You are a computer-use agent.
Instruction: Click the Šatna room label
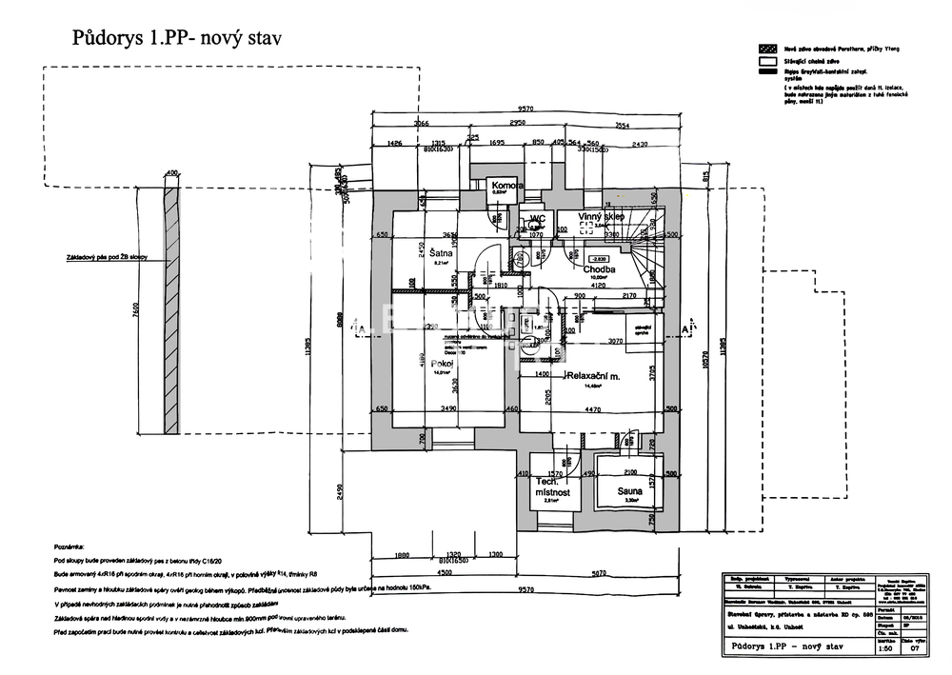(440, 255)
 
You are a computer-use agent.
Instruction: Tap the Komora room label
(504, 185)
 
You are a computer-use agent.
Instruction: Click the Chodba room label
(600, 269)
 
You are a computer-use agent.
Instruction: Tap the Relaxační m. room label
(593, 377)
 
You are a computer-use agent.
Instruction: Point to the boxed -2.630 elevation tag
(599, 258)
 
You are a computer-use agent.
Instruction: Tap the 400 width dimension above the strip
(171, 172)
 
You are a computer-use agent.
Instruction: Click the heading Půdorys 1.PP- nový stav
(178, 37)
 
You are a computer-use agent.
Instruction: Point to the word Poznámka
(69, 548)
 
